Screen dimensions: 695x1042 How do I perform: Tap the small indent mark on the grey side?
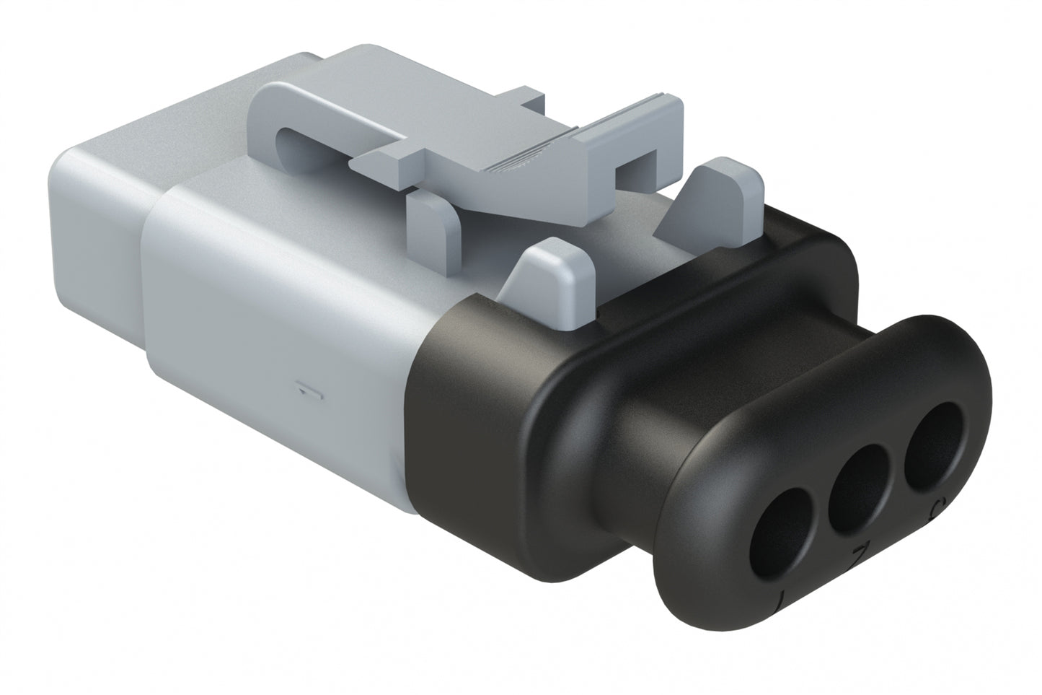tap(308, 392)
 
